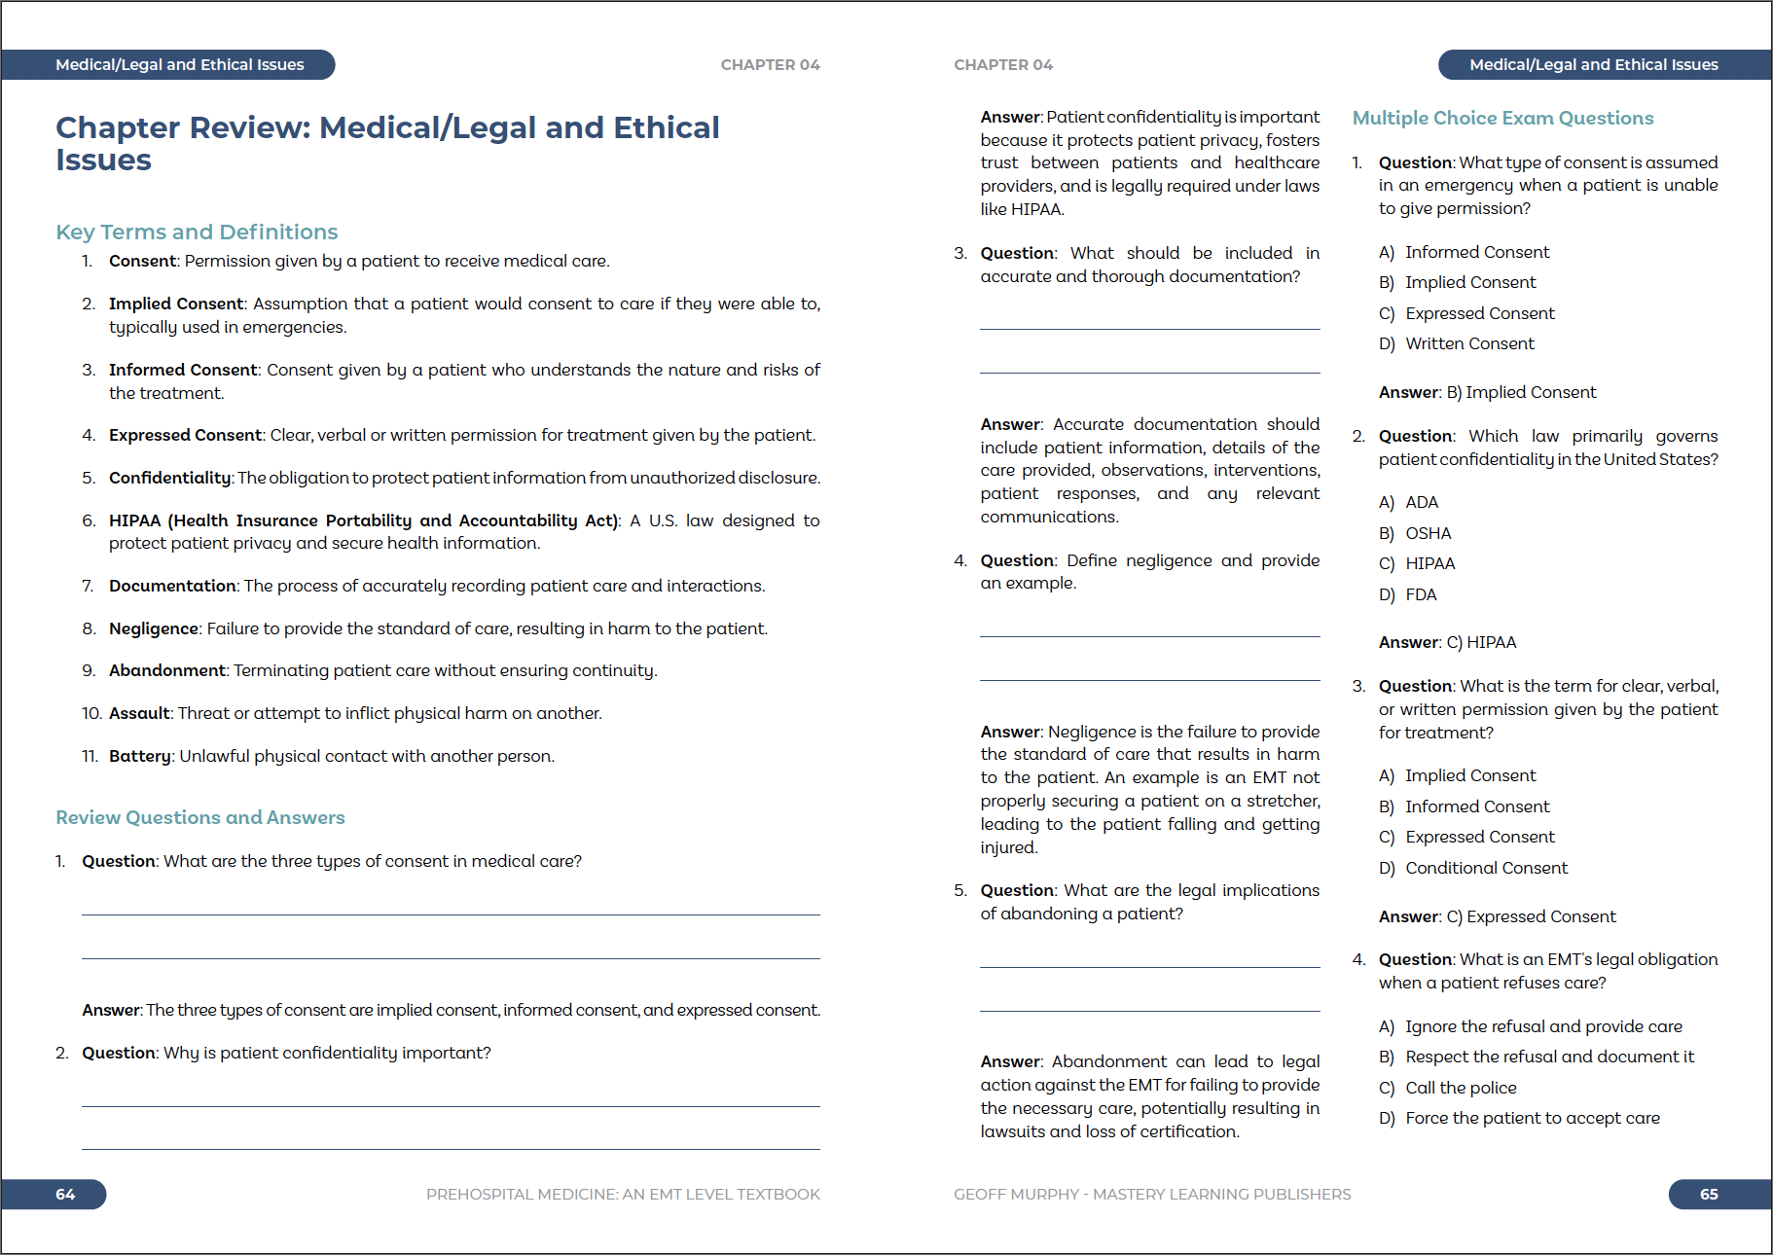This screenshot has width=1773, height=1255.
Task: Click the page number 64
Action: pos(65,1194)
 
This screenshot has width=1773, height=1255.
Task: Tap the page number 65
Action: pos(1708,1194)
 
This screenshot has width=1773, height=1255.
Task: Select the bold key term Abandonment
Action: pos(166,670)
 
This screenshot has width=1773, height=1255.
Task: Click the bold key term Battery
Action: pos(139,756)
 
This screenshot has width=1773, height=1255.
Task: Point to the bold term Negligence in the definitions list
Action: pos(154,628)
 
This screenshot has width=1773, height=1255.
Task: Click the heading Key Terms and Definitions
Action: pos(197,232)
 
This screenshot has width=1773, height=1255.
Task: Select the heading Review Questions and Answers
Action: pos(199,817)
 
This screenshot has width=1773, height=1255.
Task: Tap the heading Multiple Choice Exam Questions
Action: pos(1502,118)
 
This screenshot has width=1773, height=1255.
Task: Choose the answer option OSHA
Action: pos(1428,533)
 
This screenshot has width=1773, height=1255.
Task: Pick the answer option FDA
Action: pos(1421,594)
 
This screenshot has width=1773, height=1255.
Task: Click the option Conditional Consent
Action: pos(1486,868)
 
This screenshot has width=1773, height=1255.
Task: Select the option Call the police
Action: pos(1461,1088)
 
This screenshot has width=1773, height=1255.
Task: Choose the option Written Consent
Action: pos(1469,343)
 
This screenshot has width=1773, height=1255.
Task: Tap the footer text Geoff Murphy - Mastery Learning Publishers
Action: pos(1152,1194)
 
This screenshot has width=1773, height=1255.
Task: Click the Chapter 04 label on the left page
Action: pos(770,65)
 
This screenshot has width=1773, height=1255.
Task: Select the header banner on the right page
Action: pos(1593,65)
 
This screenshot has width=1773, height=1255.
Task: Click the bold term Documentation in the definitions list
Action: pos(172,586)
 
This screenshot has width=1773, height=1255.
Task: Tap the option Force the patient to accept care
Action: pos(1532,1118)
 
